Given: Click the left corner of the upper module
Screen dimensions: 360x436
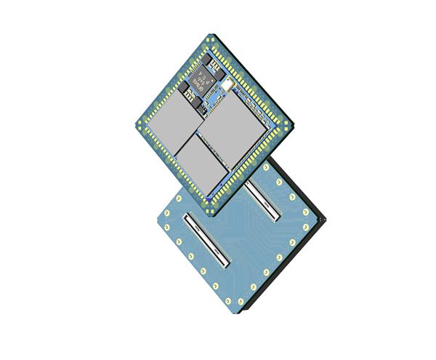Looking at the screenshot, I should coord(136,124).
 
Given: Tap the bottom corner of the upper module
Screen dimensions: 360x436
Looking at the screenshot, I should coord(212,213).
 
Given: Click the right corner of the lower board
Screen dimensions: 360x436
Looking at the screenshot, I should coord(327,217).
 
